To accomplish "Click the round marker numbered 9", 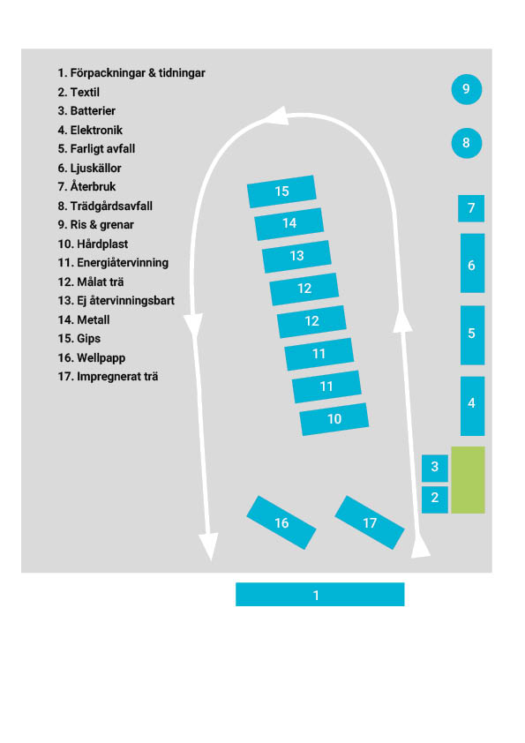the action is point(466,89).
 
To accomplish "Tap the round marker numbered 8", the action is point(466,143).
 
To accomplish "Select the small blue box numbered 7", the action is point(471,208).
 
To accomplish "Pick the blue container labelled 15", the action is point(281,191).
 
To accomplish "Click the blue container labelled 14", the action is point(289,223).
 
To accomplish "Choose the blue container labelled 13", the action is point(296,257).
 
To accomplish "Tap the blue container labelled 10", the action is point(334,419).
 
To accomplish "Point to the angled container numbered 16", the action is point(281,522).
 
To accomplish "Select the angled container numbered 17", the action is point(370,522).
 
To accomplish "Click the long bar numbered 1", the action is point(319,594).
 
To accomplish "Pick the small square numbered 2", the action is point(434,499).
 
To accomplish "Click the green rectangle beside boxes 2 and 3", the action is point(468,479).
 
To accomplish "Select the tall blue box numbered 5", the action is point(472,335).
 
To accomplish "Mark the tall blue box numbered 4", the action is point(472,406).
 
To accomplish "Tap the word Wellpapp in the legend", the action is point(101,357).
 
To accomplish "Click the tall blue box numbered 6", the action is point(472,263).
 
